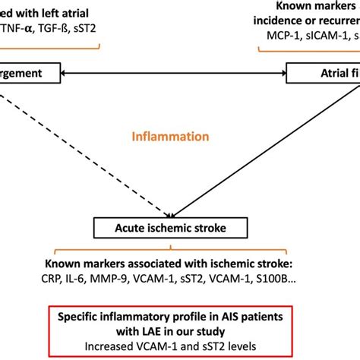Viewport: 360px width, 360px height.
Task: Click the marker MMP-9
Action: (125, 279)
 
